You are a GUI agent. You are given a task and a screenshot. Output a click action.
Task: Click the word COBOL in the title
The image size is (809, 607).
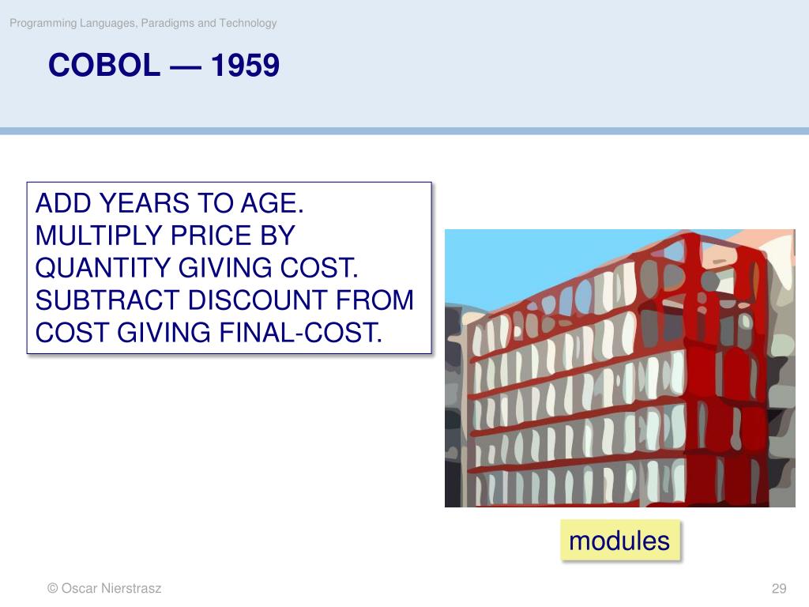point(104,65)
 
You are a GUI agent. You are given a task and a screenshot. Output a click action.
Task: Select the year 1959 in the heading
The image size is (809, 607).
point(245,65)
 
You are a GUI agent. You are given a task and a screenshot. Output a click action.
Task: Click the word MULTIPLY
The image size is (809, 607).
point(99,236)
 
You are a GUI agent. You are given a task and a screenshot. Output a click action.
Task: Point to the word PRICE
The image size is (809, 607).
point(212,236)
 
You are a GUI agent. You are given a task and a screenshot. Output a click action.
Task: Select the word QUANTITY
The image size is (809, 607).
point(103,268)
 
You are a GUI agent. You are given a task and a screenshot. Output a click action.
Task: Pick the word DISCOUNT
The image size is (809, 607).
point(257,300)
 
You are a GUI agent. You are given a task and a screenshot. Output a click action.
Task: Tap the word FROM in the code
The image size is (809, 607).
point(374,300)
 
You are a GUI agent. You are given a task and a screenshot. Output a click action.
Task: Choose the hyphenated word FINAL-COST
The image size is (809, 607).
point(301,333)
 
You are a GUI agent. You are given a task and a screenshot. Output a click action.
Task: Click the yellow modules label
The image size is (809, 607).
point(619,541)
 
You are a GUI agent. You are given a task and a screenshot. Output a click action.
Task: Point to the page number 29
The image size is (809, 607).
point(778,588)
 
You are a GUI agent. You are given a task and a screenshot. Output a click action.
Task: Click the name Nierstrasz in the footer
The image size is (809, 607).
point(132,588)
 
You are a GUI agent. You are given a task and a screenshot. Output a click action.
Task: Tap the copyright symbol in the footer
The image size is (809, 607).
point(52,588)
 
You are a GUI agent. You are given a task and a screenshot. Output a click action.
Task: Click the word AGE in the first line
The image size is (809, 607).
point(272,203)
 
